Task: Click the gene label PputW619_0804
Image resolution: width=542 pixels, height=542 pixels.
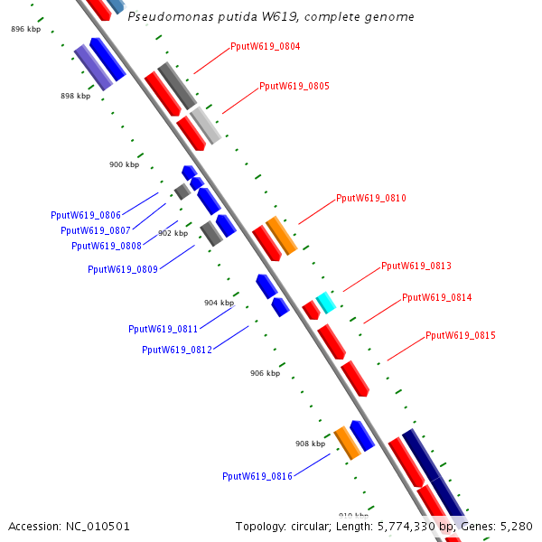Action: (x=266, y=46)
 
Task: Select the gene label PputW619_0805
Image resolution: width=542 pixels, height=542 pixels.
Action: (x=294, y=87)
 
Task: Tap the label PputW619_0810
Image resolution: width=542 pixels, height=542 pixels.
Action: (x=371, y=198)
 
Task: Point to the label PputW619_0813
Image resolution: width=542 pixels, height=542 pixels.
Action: (x=416, y=266)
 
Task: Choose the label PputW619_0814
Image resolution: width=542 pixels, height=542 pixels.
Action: (x=437, y=297)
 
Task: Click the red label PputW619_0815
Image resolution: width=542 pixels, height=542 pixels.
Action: (x=461, y=335)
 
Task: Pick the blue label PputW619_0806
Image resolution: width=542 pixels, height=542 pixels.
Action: (x=86, y=216)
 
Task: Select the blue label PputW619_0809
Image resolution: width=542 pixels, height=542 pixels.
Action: (x=123, y=269)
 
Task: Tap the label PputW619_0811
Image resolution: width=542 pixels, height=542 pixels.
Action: (x=164, y=330)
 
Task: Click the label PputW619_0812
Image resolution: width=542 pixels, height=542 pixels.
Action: (x=177, y=350)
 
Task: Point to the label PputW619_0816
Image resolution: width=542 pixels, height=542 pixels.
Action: (x=257, y=476)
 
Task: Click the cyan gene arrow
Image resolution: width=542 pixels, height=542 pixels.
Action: (x=325, y=303)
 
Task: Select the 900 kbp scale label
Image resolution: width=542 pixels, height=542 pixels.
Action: (x=125, y=165)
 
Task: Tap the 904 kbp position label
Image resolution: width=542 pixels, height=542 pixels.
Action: (x=219, y=304)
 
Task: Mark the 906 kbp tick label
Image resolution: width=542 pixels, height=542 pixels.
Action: (x=266, y=373)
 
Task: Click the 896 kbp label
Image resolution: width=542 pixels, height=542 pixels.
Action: (x=26, y=30)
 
